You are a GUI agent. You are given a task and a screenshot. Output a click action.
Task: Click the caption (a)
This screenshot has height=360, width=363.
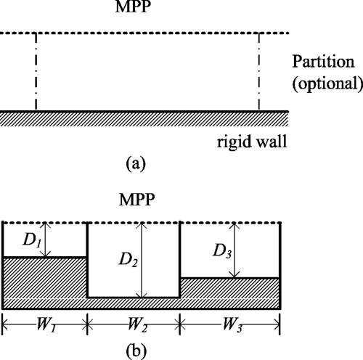pyautogui.click(x=136, y=164)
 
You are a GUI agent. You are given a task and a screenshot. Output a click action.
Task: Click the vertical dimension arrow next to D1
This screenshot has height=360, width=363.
pyautogui.click(x=46, y=239)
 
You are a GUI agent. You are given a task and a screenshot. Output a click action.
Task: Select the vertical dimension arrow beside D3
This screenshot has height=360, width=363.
pyautogui.click(x=234, y=250)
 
